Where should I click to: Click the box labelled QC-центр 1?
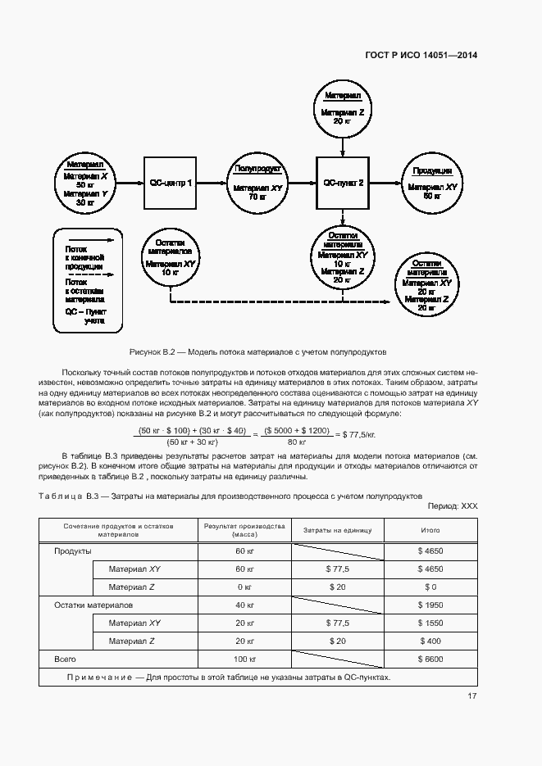coord(171,183)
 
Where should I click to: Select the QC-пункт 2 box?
coord(344,183)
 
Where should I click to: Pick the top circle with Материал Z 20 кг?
coord(343,108)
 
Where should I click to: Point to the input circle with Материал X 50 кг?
coord(86,183)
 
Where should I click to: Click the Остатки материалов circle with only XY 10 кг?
coord(171,259)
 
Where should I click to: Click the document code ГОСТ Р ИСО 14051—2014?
coord(421,56)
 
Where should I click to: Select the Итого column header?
coord(430,530)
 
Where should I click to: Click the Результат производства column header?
coord(244,529)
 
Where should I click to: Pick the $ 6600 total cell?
coord(430,659)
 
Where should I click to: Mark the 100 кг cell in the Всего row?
coord(244,659)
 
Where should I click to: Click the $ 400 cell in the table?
coord(430,641)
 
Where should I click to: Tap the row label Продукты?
coord(72,551)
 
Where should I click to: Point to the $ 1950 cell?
coord(430,605)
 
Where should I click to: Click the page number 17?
coord(472,696)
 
